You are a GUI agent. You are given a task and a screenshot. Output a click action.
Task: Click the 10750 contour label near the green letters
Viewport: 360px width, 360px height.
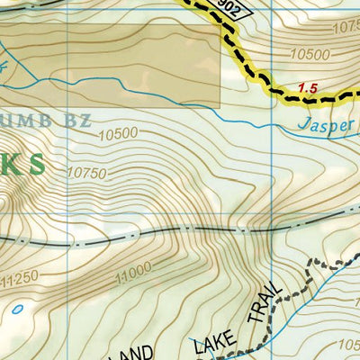[x=86, y=172]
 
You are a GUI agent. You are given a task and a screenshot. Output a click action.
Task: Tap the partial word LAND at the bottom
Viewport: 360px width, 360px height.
[x=144, y=351]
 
